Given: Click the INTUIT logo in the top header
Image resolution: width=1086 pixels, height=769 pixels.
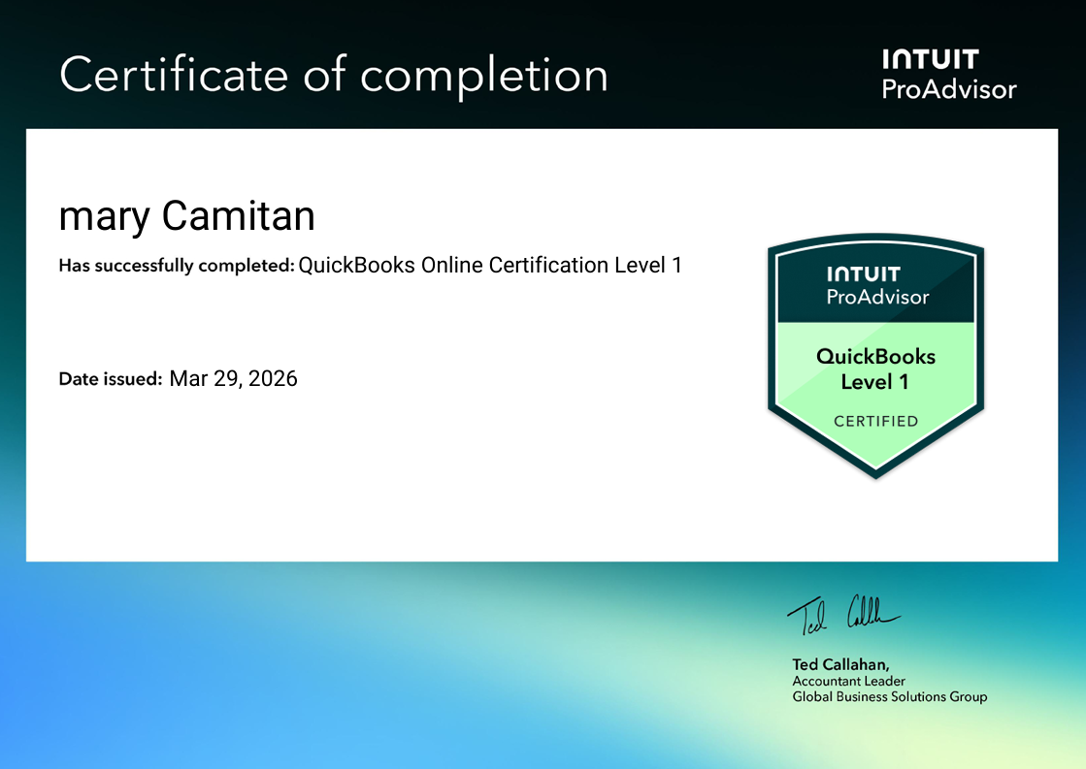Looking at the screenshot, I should [x=930, y=60].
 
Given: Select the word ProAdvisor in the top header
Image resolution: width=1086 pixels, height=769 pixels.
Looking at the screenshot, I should [x=948, y=90].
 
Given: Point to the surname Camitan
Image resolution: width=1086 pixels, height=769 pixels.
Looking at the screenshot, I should [x=238, y=215].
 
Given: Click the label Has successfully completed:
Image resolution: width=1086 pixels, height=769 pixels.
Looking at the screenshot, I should [x=176, y=266].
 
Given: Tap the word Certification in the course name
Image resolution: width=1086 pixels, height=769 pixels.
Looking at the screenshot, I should [x=547, y=265].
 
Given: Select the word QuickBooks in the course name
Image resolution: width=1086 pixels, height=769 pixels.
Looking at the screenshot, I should [x=356, y=265].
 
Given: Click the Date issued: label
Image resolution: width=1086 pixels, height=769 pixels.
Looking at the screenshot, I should [x=110, y=379].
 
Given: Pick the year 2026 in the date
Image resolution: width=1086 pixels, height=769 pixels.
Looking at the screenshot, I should [x=273, y=378].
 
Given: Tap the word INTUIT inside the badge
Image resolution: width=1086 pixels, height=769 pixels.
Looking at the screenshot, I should [x=863, y=274].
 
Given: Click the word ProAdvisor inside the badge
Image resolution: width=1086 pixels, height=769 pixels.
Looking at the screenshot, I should [x=877, y=297].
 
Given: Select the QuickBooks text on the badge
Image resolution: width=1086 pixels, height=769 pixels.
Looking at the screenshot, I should [x=875, y=356].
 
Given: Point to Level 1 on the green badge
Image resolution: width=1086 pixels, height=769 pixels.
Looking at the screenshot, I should [x=874, y=382].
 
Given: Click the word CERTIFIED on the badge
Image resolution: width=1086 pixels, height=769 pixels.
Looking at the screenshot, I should [x=875, y=421].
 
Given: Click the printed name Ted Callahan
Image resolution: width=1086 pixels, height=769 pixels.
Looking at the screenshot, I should [x=839, y=665].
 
